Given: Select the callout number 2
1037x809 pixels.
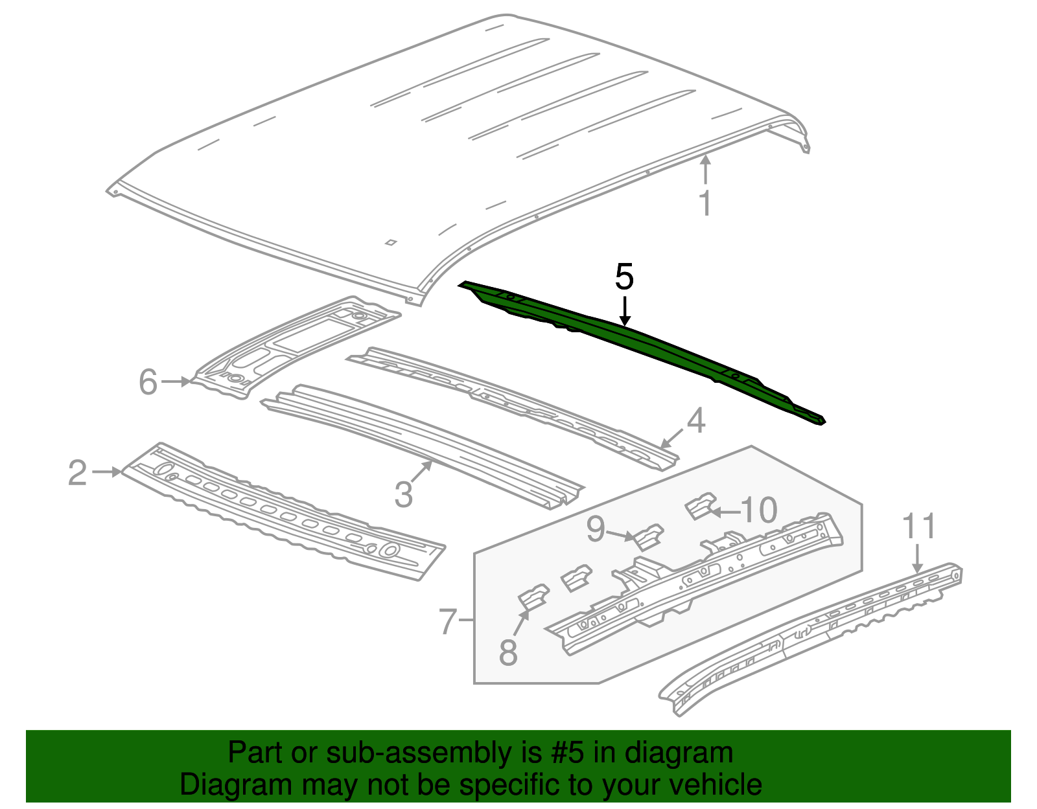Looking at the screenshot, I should click(x=77, y=473).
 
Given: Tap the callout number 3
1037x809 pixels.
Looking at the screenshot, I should click(x=403, y=495).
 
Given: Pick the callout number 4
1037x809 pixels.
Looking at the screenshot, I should click(x=695, y=421).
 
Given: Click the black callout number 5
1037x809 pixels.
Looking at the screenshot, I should click(x=623, y=277).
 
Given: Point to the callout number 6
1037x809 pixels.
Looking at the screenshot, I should click(x=148, y=382).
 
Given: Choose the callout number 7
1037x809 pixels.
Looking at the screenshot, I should click(x=449, y=622).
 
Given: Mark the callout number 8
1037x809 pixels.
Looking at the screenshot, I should click(x=508, y=652).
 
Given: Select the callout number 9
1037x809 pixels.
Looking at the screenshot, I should click(x=596, y=529).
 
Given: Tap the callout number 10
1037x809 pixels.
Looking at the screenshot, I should click(x=758, y=510).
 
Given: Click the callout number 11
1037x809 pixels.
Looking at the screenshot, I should click(x=919, y=526).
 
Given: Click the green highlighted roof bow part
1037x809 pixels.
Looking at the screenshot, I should click(x=648, y=343).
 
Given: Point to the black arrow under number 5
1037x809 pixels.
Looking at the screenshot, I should click(x=624, y=311).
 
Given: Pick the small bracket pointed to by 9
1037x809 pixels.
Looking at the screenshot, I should click(x=649, y=537).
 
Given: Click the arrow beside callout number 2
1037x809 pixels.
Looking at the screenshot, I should click(x=106, y=472).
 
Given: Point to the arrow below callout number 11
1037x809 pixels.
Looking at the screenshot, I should click(x=918, y=558).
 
